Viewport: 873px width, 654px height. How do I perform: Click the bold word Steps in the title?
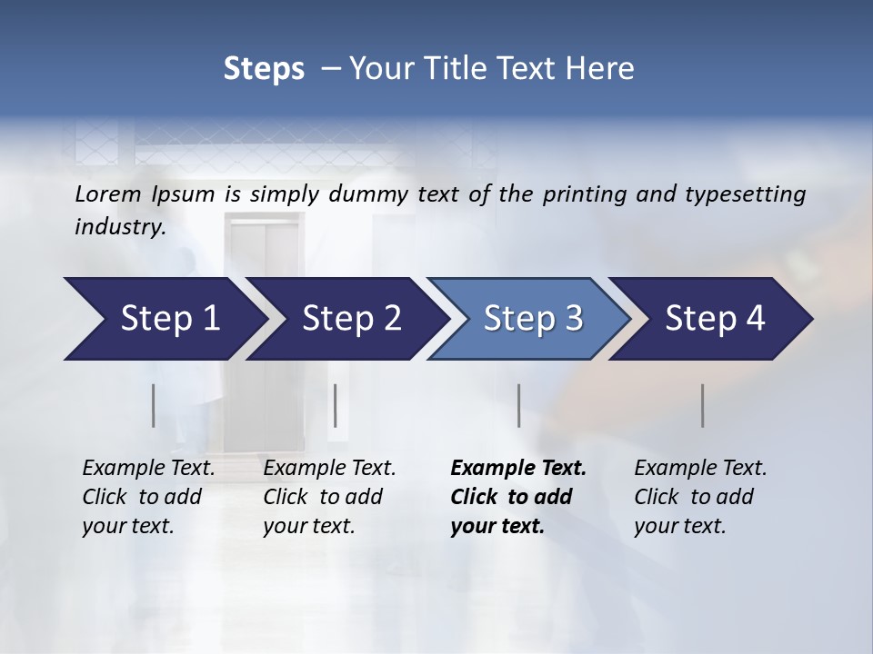click(x=264, y=68)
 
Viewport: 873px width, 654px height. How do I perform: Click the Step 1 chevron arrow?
click(x=164, y=319)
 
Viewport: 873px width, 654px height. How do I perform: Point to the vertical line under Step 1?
click(x=153, y=405)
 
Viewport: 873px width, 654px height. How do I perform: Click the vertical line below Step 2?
click(x=336, y=405)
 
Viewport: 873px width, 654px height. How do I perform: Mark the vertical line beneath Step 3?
click(x=518, y=405)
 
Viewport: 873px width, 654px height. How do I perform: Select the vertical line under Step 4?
click(x=702, y=405)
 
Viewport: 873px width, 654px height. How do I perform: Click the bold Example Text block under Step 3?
click(x=517, y=497)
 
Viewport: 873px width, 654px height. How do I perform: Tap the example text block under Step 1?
click(x=148, y=497)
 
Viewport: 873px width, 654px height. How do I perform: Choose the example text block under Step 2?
click(x=329, y=497)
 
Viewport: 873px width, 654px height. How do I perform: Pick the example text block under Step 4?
click(x=700, y=497)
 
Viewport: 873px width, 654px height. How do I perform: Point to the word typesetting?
click(x=745, y=194)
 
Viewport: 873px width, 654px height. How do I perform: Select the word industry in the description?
click(x=119, y=227)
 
